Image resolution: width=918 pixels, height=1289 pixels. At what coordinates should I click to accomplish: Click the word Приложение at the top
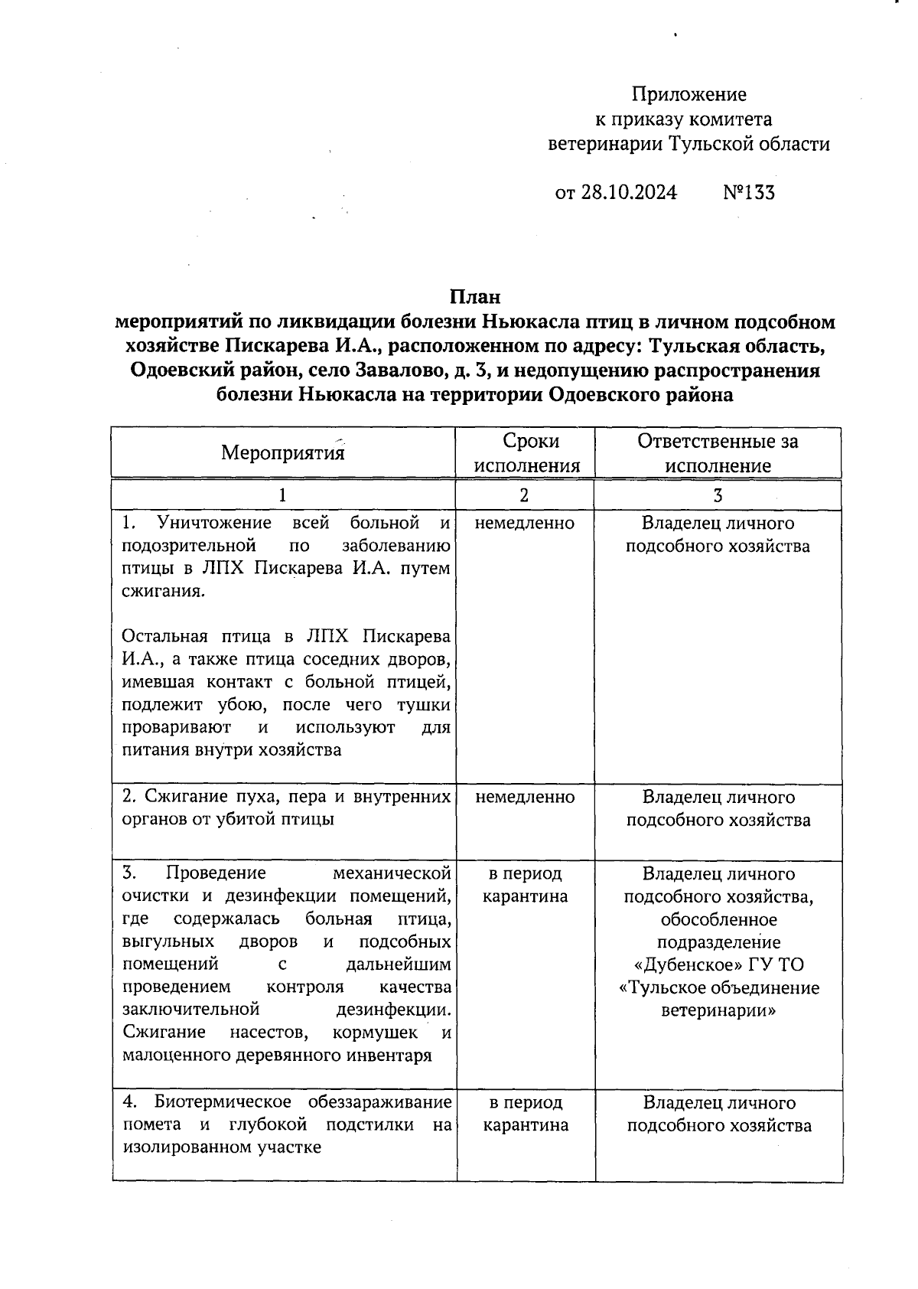click(x=688, y=94)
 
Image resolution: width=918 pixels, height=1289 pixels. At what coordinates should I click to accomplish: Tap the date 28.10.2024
click(x=628, y=191)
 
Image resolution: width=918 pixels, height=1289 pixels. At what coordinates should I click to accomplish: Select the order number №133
click(x=748, y=191)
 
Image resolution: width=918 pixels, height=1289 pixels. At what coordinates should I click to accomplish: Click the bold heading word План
click(x=474, y=296)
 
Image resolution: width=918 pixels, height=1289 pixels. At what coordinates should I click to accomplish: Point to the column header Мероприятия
click(x=282, y=452)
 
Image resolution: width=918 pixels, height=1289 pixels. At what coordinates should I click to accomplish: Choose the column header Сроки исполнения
click(x=526, y=453)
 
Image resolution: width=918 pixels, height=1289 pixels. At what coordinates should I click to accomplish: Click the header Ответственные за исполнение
click(x=718, y=453)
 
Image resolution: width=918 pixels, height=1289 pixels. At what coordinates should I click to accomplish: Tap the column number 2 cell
click(x=524, y=495)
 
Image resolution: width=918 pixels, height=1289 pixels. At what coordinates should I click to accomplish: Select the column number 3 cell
click(x=718, y=495)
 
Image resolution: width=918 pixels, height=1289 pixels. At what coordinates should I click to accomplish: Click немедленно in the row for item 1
click(x=524, y=523)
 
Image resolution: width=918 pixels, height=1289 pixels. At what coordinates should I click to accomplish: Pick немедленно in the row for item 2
click(x=525, y=797)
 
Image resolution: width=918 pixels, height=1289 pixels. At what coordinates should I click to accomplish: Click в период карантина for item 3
click(x=525, y=885)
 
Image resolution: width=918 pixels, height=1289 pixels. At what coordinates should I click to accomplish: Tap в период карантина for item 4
click(x=526, y=1114)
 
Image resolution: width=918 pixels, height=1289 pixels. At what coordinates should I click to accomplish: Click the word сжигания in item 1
click(x=162, y=592)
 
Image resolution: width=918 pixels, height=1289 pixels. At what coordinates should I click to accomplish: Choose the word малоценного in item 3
click(x=170, y=1056)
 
